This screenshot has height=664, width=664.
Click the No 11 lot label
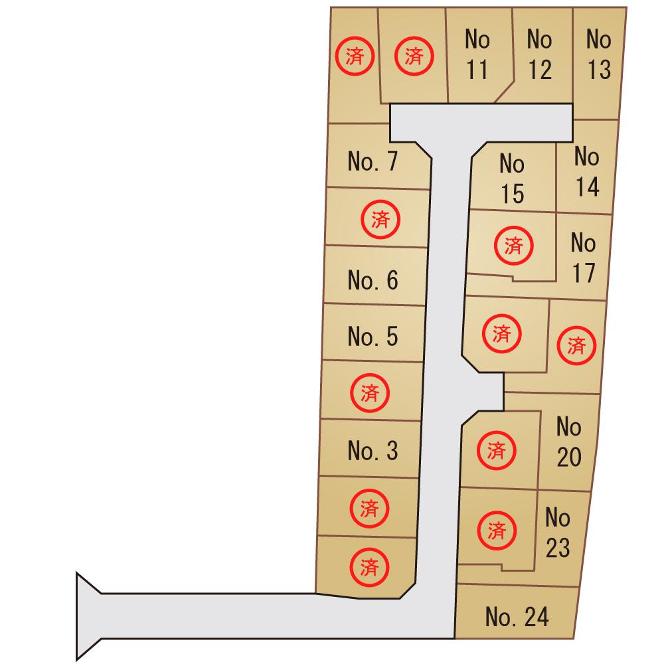[477, 54]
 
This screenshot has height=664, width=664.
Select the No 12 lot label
[539, 54]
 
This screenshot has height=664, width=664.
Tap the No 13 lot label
[599, 54]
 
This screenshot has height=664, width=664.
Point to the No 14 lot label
[587, 171]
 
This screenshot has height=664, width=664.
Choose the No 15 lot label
[512, 179]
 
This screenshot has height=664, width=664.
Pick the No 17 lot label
[584, 258]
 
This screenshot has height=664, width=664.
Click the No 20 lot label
[569, 442]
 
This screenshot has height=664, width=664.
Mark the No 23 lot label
[558, 533]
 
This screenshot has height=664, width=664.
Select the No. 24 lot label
[517, 617]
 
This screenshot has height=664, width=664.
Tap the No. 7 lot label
[373, 161]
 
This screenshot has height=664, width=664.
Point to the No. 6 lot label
[373, 280]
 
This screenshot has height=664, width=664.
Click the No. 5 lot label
[373, 336]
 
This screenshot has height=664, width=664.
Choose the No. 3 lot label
[373, 451]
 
